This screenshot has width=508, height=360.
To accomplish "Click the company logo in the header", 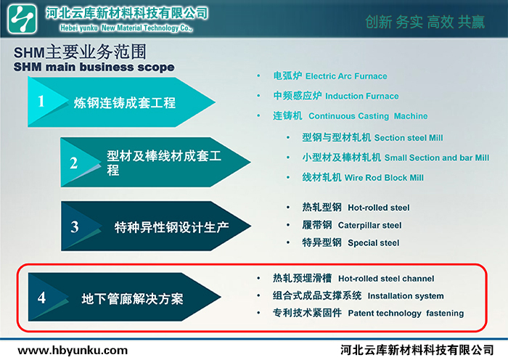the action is (22, 19).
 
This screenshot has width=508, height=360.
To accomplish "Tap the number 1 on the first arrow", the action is (41, 101).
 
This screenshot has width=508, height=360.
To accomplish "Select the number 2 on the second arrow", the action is (74, 163).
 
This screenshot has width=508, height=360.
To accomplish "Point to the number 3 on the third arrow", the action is (75, 227).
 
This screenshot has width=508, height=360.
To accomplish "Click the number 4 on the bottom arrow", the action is (41, 298).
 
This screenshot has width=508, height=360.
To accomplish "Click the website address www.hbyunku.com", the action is (73, 351).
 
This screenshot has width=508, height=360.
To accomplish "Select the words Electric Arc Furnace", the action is (346, 76).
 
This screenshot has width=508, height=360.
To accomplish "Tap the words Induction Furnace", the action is (362, 97).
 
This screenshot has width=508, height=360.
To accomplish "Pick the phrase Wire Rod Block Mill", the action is (384, 178).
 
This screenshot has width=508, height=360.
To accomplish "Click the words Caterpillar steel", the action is (369, 225).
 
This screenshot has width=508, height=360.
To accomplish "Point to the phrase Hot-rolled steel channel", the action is (386, 279).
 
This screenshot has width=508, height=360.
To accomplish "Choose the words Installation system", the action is (406, 296).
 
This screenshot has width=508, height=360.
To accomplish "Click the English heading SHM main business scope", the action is (94, 67).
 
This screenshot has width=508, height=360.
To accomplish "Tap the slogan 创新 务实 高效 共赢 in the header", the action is (425, 22).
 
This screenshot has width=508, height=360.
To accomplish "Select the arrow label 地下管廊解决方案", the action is (132, 299).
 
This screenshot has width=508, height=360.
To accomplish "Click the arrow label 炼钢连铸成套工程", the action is (125, 103).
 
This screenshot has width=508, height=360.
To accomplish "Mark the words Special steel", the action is (374, 243).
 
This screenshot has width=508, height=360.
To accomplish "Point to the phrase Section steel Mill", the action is (409, 138).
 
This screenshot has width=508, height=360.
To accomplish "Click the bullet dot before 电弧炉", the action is (258, 75).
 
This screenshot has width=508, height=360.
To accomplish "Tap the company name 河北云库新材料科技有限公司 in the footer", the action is (417, 351).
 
